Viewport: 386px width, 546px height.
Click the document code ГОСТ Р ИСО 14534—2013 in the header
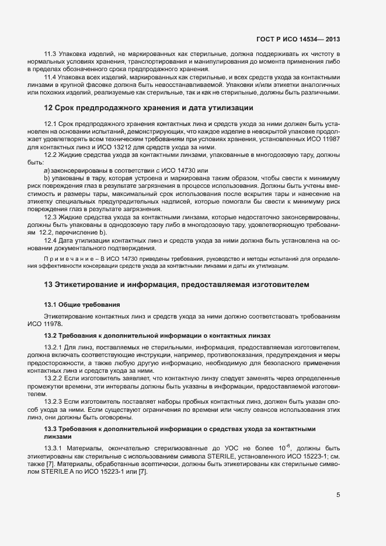click(298, 39)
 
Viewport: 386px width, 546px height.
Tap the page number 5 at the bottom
click(338, 495)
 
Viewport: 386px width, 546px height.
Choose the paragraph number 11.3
click(51, 55)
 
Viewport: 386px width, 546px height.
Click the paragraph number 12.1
click(51, 125)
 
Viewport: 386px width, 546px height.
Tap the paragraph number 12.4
click(51, 239)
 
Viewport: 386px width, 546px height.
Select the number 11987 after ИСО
click(328, 140)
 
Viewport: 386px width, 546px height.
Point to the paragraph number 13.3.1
click(55, 448)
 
